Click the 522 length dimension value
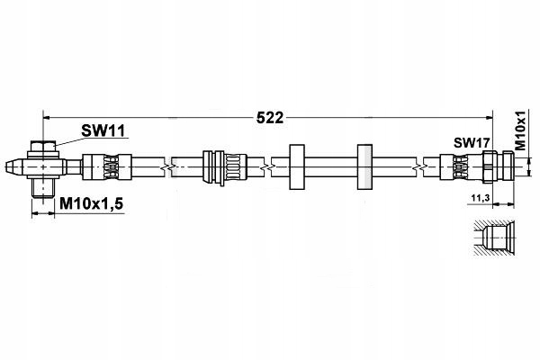[x=270, y=118]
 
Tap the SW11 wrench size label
[x=103, y=130]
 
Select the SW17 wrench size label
[x=472, y=142]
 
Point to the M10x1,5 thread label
[x=91, y=204]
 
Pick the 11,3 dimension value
[x=481, y=198]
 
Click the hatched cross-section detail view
[x=494, y=238]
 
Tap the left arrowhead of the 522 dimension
[x=47, y=118]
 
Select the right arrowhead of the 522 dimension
[x=489, y=118]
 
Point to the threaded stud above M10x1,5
[x=43, y=188]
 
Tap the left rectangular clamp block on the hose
[x=297, y=166]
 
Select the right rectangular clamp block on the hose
[x=364, y=166]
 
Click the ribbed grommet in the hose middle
[x=224, y=167]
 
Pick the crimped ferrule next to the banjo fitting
[x=107, y=166]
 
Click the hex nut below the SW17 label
[x=489, y=166]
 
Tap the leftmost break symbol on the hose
[x=168, y=167]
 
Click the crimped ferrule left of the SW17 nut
[x=461, y=167]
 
